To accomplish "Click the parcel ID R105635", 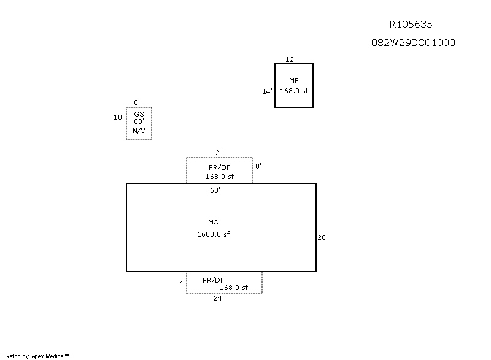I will pos(411,25).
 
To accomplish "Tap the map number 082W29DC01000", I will pos(413,43).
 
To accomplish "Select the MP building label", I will pos(294,80).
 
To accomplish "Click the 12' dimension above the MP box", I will pos(291,59).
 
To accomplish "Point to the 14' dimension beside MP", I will pos(267,91).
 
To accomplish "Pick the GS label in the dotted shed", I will pos(139,114).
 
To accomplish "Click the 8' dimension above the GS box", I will pos(137,102).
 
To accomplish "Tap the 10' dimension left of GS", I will pos(118,117).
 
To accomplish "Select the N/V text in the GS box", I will pos(139,131).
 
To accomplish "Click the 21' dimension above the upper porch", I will pos(220,153).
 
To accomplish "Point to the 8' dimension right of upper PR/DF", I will pos(258,166).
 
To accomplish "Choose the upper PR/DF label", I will pos(220,167).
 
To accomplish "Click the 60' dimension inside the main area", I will pos(215,191).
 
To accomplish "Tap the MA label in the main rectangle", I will pos(213,222).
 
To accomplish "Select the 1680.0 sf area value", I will pos(213,234).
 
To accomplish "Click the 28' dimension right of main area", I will pos(323,237).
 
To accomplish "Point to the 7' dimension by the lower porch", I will pos(182,282).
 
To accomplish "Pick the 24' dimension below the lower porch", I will pos(218,299).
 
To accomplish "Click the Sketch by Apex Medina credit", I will pos(37,356).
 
